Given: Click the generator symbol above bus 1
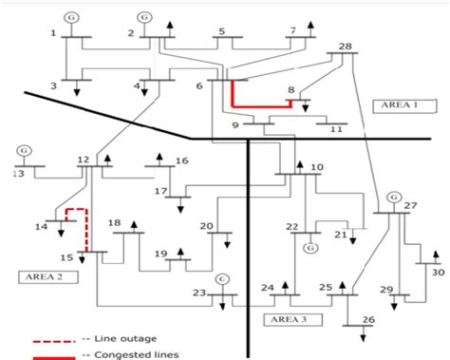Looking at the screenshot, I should (71, 18).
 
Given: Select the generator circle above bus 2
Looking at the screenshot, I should (144, 17).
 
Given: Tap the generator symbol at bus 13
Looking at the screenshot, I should (24, 149).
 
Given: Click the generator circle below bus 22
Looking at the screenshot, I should (309, 248).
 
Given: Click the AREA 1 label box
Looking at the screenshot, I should (393, 104).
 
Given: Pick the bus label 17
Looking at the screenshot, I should (161, 191).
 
